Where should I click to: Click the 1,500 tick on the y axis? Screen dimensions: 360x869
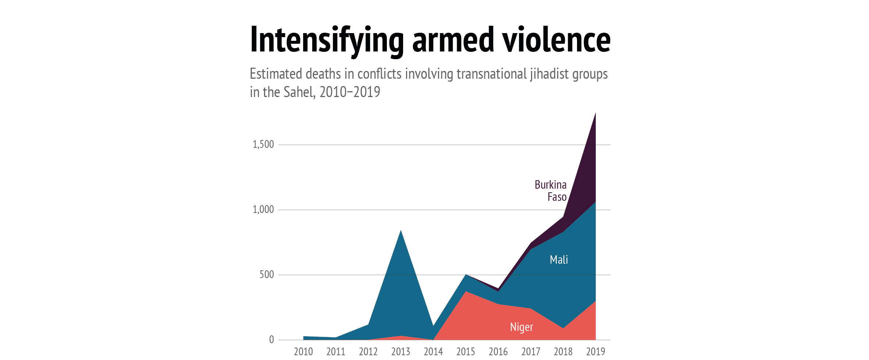tap(263, 145)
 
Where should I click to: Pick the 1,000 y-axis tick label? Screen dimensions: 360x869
tap(263, 210)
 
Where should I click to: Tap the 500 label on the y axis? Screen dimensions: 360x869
tap(267, 275)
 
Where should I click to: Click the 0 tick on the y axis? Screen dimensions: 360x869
tap(271, 339)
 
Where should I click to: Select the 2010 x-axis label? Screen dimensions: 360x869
tap(303, 352)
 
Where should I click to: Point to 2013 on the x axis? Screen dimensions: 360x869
tap(400, 352)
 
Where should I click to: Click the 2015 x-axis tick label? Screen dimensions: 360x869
tap(466, 352)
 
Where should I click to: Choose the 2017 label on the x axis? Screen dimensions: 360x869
tap(531, 352)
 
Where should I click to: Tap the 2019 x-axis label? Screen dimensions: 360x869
tap(595, 352)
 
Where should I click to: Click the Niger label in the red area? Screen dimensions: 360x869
tap(521, 327)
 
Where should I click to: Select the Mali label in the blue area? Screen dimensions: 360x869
tap(559, 260)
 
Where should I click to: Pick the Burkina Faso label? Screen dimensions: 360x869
tap(551, 191)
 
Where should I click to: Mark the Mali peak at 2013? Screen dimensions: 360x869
tap(400, 231)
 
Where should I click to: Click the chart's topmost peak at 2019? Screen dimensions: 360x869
tap(595, 113)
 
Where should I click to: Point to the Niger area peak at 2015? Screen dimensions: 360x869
tap(466, 292)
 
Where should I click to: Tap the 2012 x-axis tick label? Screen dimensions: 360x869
tap(368, 352)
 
